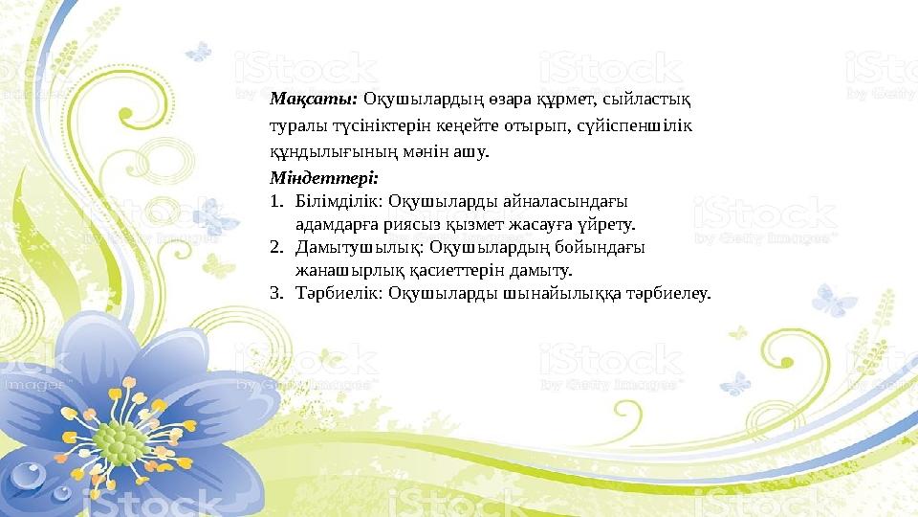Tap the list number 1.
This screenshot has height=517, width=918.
pos(273,202)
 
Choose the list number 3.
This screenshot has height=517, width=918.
pos(274,293)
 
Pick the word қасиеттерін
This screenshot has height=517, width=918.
pos(432,271)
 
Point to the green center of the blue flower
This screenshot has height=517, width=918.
pos(119,440)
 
